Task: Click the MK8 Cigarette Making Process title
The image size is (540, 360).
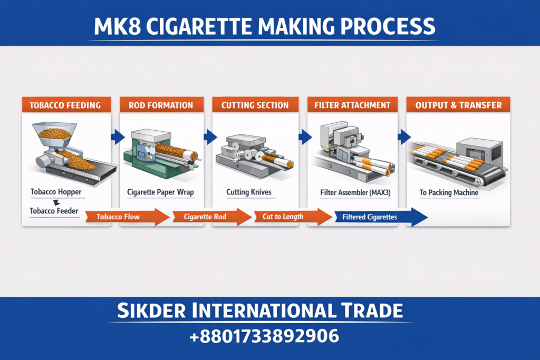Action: [x=269, y=26]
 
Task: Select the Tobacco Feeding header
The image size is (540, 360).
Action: [x=66, y=105]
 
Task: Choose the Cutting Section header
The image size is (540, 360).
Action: [x=255, y=105]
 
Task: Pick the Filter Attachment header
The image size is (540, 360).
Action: [x=352, y=105]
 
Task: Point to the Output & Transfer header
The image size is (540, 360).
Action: [x=458, y=105]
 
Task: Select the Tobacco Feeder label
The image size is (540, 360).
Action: [x=54, y=211]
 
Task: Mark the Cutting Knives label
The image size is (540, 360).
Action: [x=248, y=192]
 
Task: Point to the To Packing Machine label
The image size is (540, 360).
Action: [x=449, y=192]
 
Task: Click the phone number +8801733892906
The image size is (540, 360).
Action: [x=269, y=335]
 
